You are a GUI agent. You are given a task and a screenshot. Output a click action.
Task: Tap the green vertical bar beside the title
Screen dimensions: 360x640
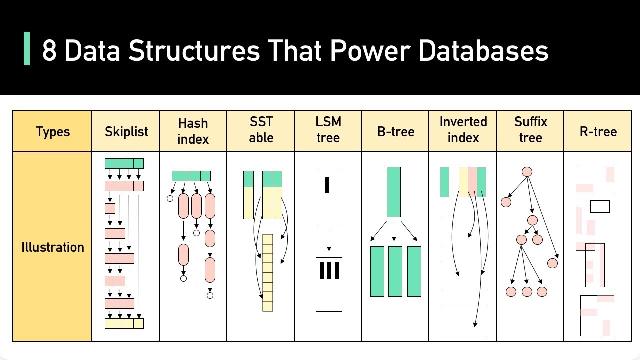point(27,49)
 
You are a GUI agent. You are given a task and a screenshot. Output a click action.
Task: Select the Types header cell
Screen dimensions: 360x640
point(52,132)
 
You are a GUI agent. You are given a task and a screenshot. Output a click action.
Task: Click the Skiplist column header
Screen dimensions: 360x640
point(126,132)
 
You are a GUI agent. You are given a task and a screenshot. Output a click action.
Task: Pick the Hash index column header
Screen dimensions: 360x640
point(193,131)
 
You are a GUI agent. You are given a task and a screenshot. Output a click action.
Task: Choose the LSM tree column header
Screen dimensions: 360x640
point(328,130)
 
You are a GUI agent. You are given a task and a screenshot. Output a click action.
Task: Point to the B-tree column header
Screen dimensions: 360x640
point(395,132)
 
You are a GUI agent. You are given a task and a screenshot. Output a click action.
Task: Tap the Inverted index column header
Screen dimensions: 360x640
point(463,130)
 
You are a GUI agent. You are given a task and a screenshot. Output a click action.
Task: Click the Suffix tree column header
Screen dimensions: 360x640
point(530,130)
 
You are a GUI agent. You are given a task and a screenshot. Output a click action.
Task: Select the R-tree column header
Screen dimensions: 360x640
point(598,132)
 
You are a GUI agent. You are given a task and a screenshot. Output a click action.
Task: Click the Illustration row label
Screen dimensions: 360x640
point(52,247)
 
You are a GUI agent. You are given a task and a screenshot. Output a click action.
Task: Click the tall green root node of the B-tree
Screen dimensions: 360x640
point(394,192)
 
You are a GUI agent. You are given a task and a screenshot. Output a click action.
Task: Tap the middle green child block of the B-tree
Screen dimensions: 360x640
point(395,271)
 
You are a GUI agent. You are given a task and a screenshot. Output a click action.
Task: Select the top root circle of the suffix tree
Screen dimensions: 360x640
point(527,172)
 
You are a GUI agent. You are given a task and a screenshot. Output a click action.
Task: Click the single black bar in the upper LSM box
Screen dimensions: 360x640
point(327,184)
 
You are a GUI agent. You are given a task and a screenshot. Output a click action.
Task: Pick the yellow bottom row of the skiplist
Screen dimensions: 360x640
point(124,323)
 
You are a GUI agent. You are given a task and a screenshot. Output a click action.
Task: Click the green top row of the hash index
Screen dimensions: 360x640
point(191,176)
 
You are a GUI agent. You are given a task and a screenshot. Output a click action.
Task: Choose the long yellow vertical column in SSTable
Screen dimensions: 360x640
point(268,273)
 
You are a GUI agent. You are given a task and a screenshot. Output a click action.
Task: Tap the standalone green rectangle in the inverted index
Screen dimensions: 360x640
point(444,182)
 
